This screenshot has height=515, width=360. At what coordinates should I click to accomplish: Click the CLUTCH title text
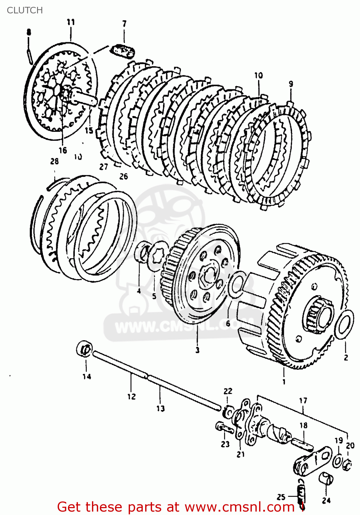(x=25, y=10)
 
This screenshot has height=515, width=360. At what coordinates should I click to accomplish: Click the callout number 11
(x=71, y=22)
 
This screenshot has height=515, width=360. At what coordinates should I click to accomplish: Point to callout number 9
(x=291, y=84)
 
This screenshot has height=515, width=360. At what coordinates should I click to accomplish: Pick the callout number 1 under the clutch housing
(x=284, y=381)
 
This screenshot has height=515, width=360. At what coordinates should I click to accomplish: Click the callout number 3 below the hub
(x=197, y=350)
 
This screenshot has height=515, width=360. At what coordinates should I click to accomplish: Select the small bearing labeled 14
(x=84, y=349)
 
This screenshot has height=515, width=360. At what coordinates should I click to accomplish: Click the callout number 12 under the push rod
(x=131, y=397)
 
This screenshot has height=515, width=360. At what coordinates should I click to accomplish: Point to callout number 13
(x=161, y=409)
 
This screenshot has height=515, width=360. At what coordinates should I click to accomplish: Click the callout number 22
(x=228, y=391)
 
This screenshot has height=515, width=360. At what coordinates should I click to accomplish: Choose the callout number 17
(x=303, y=401)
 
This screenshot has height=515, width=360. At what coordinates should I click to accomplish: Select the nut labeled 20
(x=347, y=465)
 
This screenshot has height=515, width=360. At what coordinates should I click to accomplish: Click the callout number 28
(x=55, y=161)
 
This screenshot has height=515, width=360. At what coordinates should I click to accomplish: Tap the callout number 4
(x=139, y=291)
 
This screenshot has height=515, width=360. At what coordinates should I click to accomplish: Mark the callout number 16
(x=62, y=150)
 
